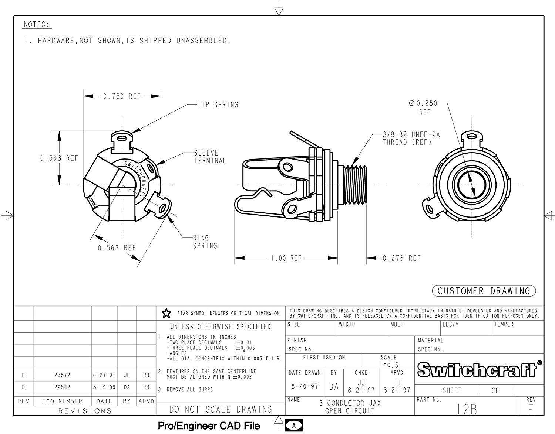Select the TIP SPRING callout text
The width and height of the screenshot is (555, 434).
(218, 105)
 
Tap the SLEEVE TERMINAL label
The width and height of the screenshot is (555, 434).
(210, 157)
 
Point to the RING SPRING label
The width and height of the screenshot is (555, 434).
(205, 242)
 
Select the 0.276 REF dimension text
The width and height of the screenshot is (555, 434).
(401, 258)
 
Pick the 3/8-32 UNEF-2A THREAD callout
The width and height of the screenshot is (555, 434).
(411, 139)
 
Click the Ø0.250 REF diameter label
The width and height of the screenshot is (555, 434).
(423, 107)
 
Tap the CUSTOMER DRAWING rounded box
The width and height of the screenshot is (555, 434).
(484, 291)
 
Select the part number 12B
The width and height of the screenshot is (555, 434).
(467, 409)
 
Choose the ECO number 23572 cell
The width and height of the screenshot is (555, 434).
(62, 375)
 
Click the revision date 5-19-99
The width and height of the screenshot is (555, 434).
(104, 387)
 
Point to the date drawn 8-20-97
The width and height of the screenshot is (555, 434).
(305, 386)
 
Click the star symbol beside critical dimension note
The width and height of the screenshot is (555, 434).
(166, 314)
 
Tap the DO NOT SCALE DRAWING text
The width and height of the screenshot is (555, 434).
(221, 409)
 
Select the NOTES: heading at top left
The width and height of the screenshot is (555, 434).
(37, 25)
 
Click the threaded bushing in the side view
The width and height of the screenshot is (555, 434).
(355, 185)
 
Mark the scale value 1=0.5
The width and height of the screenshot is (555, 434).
(389, 365)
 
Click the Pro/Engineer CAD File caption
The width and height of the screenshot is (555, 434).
(209, 426)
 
